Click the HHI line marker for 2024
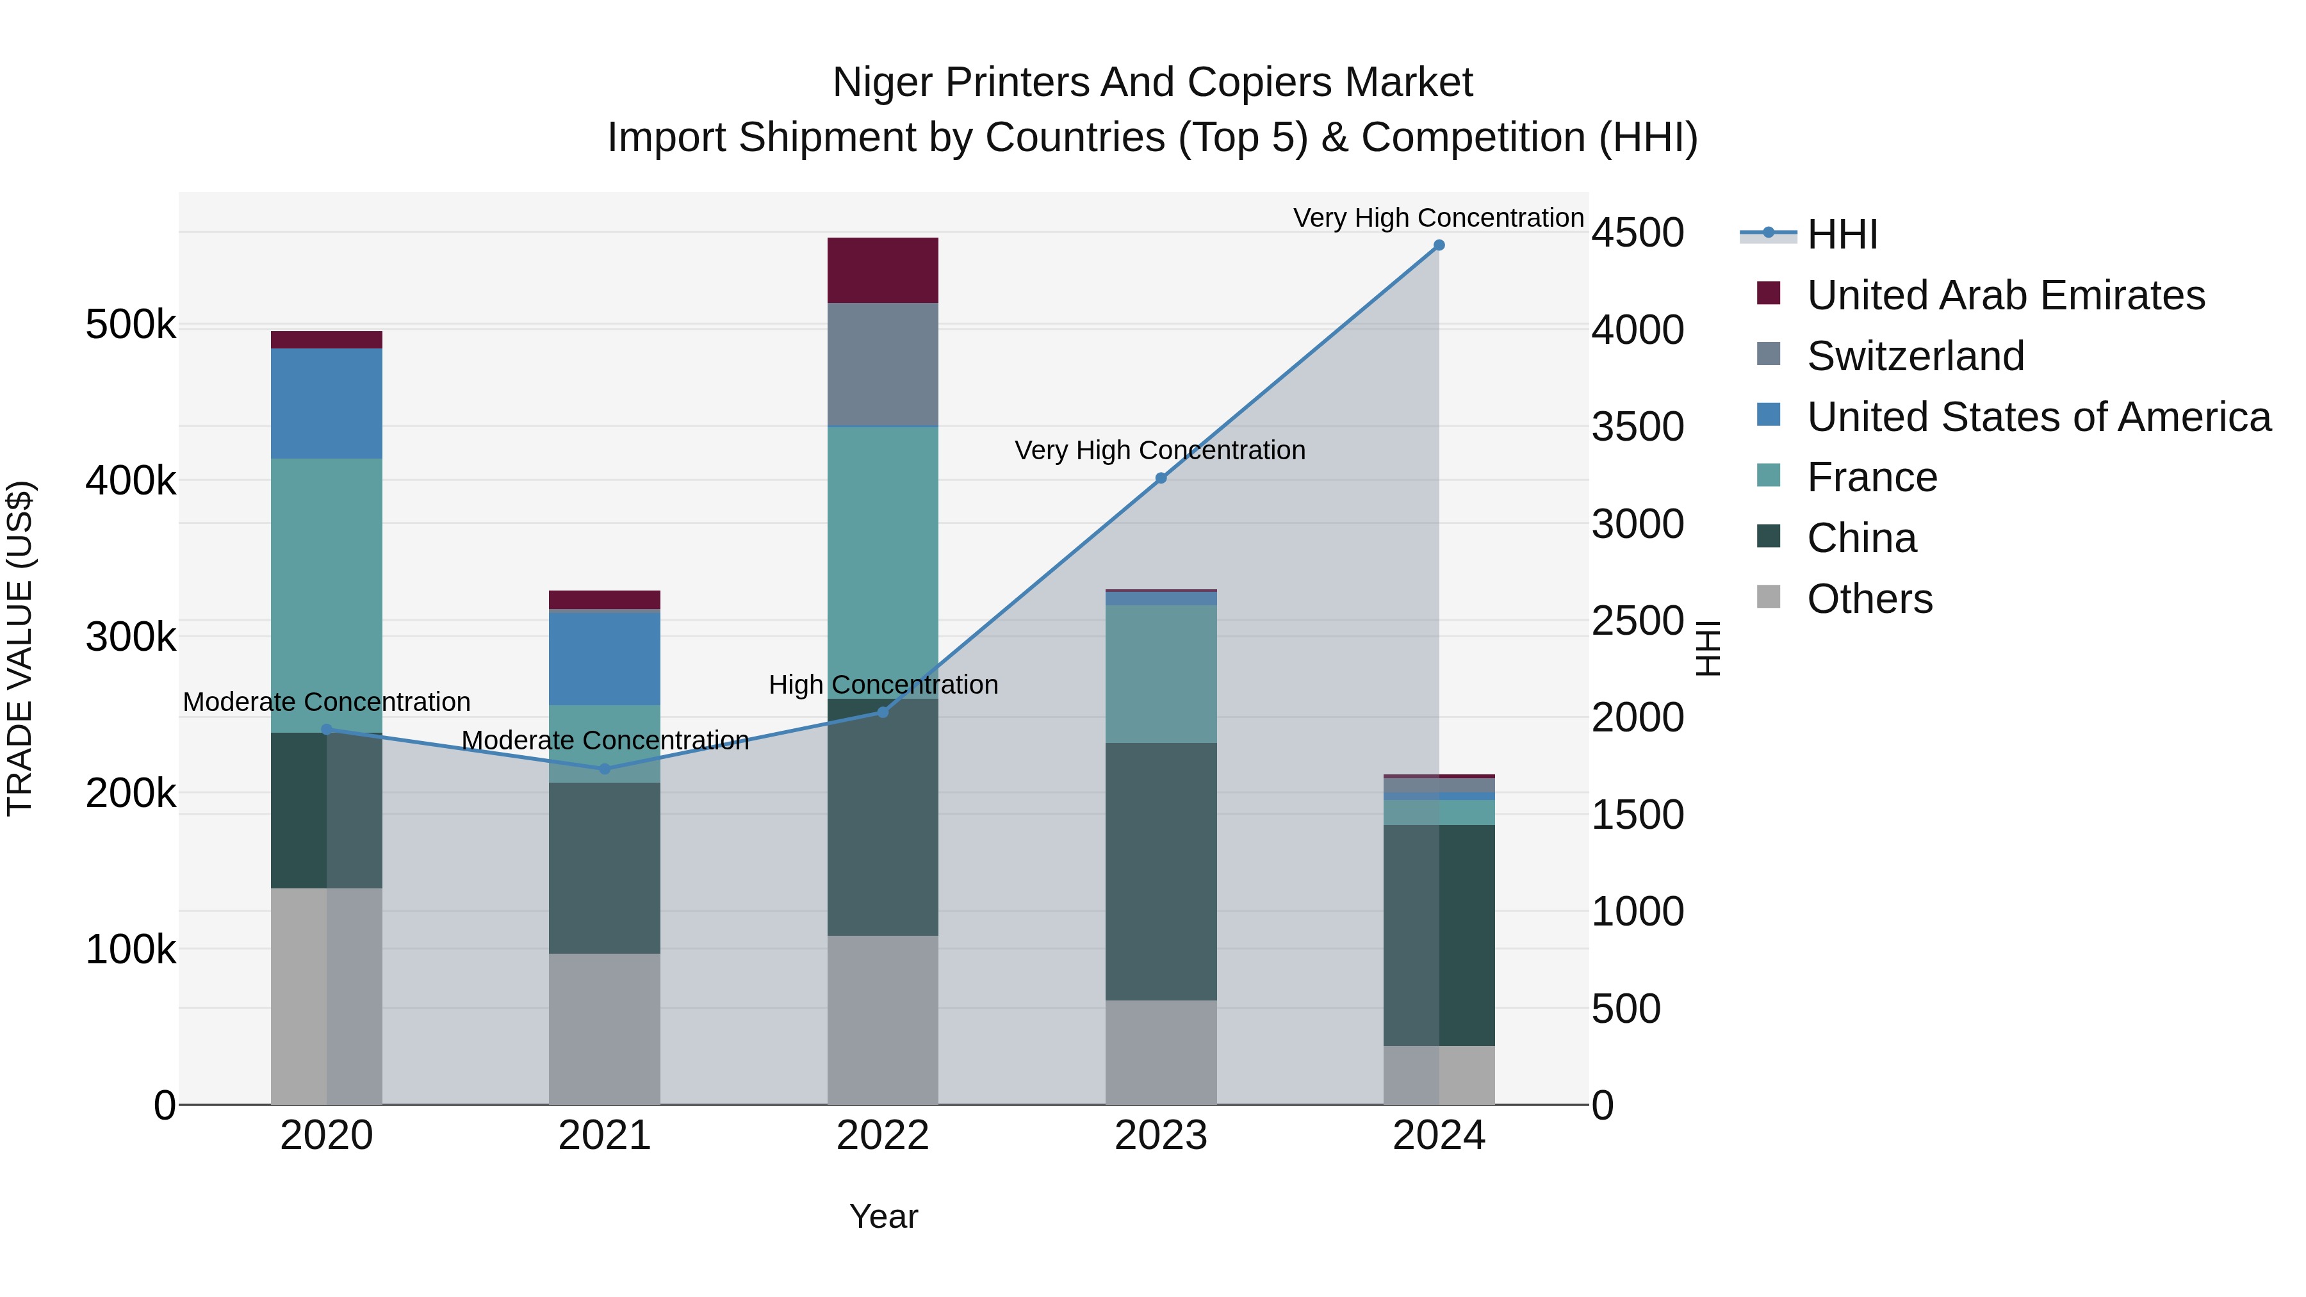tap(1439, 245)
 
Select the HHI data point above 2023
tap(1161, 478)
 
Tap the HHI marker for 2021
tap(604, 769)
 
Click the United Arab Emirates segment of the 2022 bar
tap(883, 270)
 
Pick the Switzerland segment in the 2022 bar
tap(883, 364)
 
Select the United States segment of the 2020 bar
tap(327, 404)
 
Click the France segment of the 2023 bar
tap(1161, 674)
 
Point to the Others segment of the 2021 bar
tap(604, 1029)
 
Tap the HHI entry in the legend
tap(1842, 234)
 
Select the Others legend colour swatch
tap(1769, 597)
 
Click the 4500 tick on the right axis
tap(1637, 232)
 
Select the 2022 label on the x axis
tap(883, 1136)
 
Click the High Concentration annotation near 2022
tap(883, 685)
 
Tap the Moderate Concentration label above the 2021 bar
tap(604, 740)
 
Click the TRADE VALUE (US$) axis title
tap(20, 648)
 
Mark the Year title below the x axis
tap(883, 1216)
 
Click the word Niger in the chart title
tap(883, 83)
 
